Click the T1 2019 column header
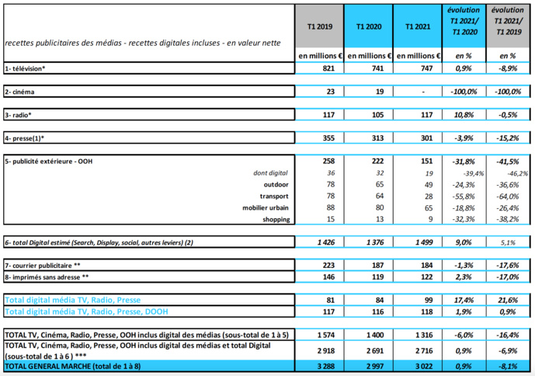click(x=320, y=26)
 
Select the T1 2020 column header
click(x=369, y=26)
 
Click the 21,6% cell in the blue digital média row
click(x=508, y=299)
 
